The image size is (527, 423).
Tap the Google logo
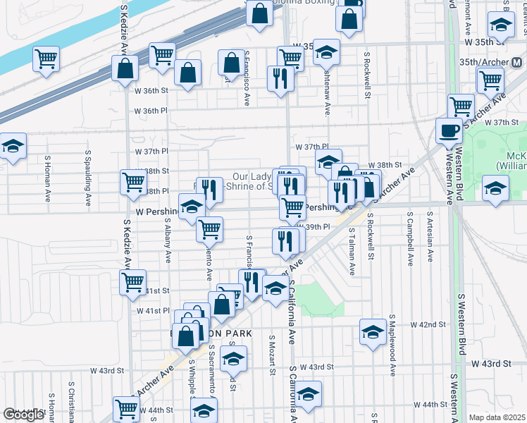pos(23,415)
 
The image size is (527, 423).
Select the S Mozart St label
pos(271,356)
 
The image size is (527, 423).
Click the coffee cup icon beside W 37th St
pos(449,130)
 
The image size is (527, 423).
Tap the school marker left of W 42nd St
pos(373,331)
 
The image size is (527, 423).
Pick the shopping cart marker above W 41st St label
pos(132,281)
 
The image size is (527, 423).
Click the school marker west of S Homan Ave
pos(13,146)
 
